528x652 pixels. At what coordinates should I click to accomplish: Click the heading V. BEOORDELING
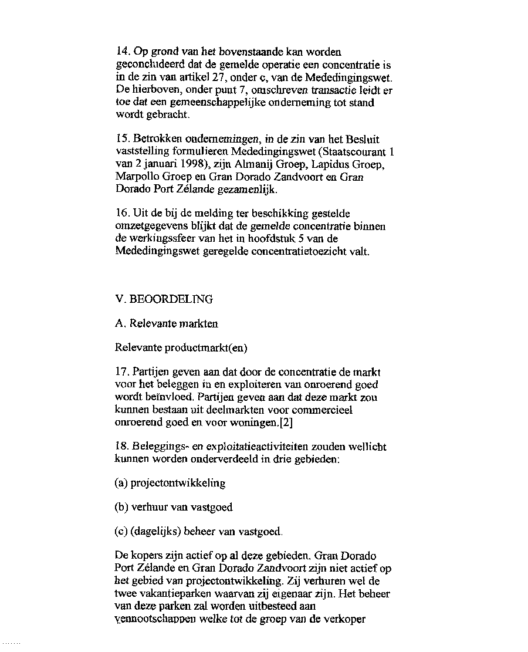click(164, 299)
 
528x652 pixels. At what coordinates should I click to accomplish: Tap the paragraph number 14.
click(123, 52)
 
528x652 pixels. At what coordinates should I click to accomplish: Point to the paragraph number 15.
click(123, 139)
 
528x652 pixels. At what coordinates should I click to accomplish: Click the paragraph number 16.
click(123, 214)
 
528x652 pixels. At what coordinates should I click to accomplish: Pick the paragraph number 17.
click(123, 372)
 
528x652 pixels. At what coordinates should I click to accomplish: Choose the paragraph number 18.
click(123, 447)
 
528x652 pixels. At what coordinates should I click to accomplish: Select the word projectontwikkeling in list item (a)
click(178, 483)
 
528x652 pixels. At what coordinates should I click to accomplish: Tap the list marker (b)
click(123, 508)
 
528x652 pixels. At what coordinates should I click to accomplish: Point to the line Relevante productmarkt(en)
click(182, 348)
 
